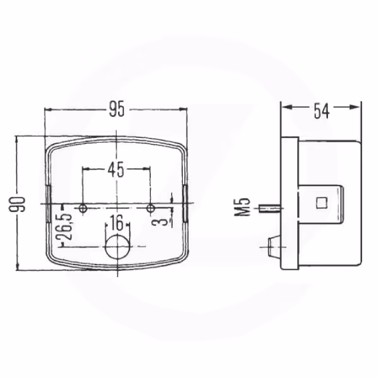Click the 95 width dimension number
117,109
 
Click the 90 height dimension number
17,205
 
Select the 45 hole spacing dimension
116,169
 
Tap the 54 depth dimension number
321,111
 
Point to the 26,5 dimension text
64,227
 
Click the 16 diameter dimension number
117,222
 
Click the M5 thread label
242,207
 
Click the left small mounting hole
83,208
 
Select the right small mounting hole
151,208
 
